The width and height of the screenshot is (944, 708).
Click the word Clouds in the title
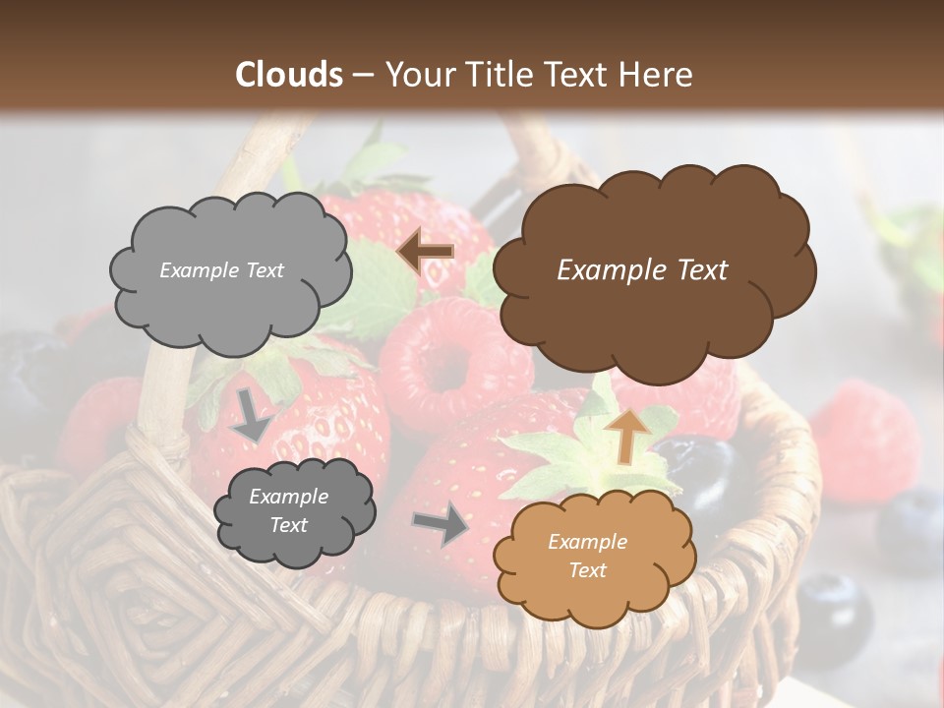click(x=289, y=75)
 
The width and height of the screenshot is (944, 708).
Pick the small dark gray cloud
click(x=294, y=541)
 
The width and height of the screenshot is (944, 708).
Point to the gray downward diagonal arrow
click(x=252, y=417)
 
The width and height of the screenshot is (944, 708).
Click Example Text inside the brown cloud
click(x=642, y=270)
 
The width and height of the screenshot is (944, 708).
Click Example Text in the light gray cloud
click(x=221, y=270)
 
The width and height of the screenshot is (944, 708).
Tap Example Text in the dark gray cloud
click(x=288, y=511)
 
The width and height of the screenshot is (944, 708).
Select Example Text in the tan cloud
click(x=587, y=556)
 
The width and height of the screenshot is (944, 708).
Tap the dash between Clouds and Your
click(x=363, y=75)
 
